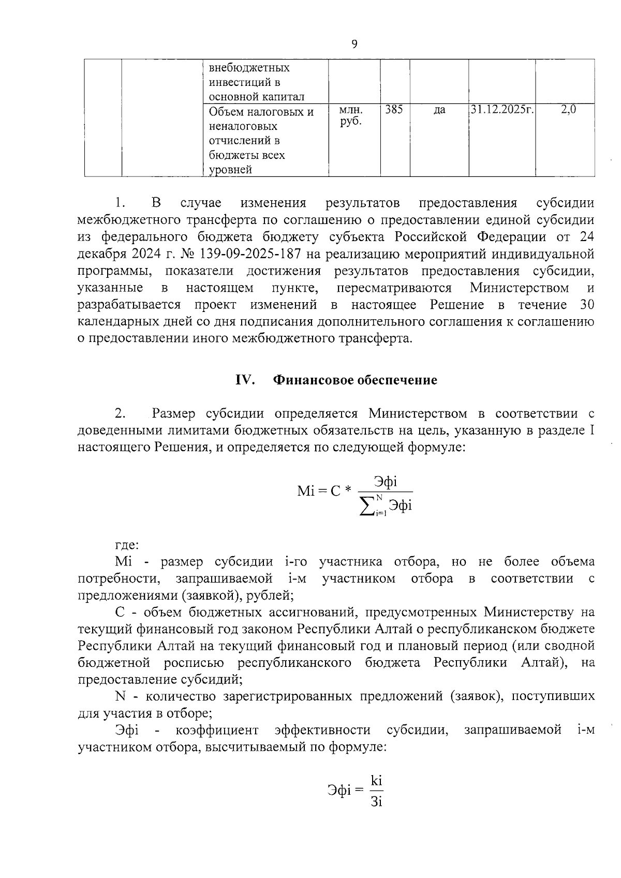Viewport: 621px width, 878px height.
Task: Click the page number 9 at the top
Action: (354, 44)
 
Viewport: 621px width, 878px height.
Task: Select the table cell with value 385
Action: (394, 110)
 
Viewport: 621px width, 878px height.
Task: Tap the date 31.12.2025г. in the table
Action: (501, 110)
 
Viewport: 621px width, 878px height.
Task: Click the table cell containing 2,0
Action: (568, 110)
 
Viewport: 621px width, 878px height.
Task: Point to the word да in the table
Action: (439, 110)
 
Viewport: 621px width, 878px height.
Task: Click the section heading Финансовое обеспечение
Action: (355, 380)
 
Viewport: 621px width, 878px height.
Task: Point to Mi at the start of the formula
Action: (306, 490)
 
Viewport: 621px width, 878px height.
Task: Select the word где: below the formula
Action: (126, 545)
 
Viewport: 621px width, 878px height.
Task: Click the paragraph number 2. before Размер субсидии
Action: (120, 413)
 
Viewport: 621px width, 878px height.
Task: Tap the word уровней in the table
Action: (230, 170)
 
